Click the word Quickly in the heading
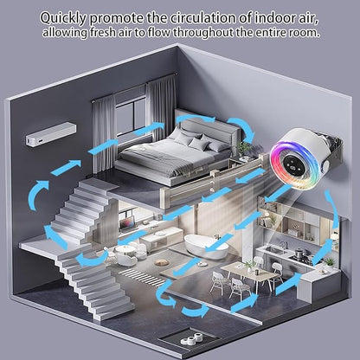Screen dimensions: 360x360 point(63,18)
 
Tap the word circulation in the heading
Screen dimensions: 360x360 point(203,18)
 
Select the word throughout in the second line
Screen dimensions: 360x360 point(202,32)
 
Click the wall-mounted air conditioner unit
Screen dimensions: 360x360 point(51,134)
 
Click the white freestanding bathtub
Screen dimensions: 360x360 point(206,247)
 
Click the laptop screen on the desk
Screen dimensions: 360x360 point(128,223)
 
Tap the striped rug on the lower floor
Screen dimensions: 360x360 point(144,277)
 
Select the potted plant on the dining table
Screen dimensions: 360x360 point(249,266)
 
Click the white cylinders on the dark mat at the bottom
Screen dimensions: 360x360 point(193,338)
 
